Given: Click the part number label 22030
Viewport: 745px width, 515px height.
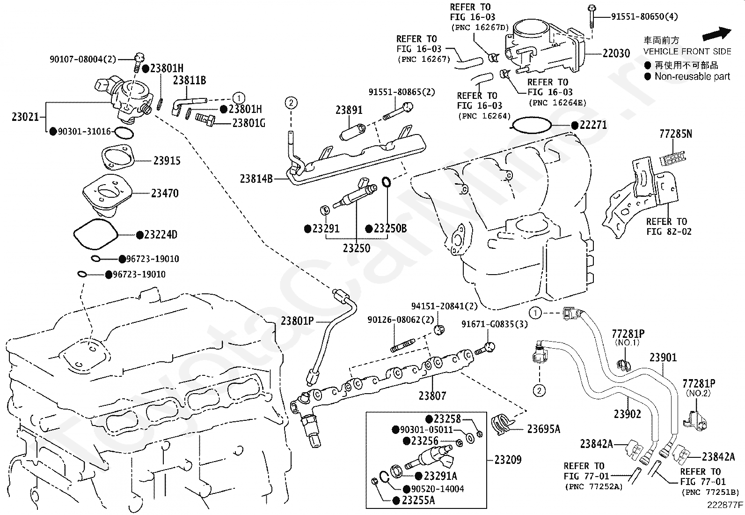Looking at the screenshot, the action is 616,53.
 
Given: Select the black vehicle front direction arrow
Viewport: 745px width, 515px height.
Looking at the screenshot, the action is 717,34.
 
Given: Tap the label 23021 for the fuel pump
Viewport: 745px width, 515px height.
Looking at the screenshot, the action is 25,117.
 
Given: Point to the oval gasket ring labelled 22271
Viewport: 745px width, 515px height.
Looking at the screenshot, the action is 531,125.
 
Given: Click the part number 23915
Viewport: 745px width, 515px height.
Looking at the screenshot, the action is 167,161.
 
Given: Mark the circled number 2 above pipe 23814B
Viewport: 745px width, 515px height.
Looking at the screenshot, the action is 291,103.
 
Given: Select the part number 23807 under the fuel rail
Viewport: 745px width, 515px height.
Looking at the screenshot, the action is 432,396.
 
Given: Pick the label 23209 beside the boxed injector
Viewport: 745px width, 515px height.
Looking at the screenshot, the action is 508,460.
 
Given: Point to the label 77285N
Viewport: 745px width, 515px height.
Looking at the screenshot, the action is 675,134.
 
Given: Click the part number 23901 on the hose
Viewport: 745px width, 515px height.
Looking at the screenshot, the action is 663,358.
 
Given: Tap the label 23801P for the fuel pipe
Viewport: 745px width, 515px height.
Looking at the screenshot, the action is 297,321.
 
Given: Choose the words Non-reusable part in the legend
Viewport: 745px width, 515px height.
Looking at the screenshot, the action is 692,76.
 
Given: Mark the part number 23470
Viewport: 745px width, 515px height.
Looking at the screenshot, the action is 165,193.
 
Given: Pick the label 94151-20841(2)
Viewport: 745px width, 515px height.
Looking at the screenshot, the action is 445,306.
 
